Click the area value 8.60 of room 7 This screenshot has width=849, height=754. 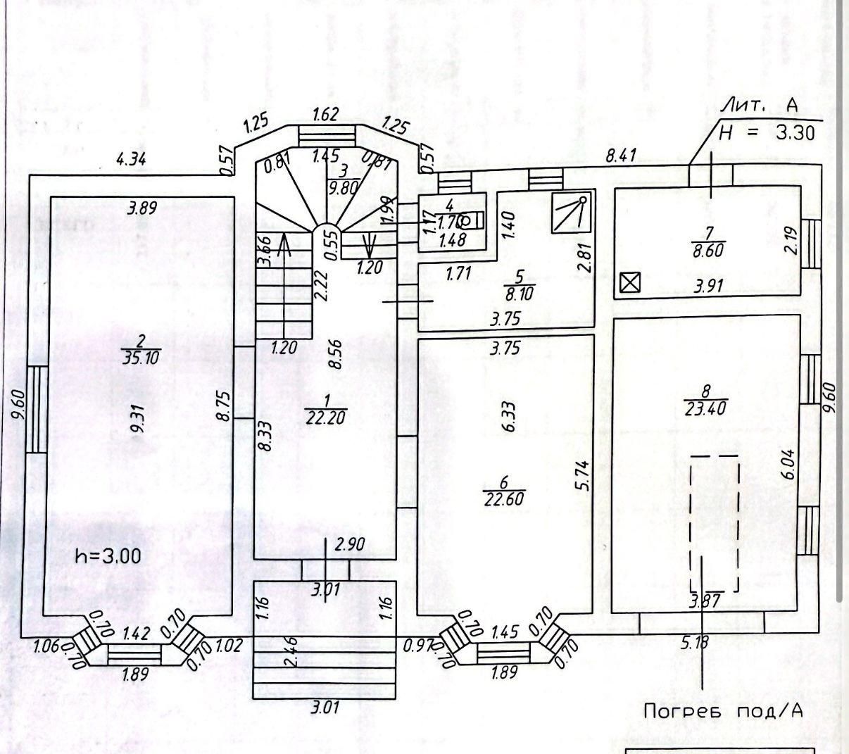(708, 250)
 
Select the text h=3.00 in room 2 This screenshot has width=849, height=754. (108, 556)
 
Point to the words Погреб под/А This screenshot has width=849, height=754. (724, 711)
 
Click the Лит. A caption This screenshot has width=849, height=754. (760, 106)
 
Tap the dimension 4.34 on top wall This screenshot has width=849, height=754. (131, 160)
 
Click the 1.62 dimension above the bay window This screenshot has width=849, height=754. (325, 115)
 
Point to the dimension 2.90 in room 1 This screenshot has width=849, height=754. (350, 543)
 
